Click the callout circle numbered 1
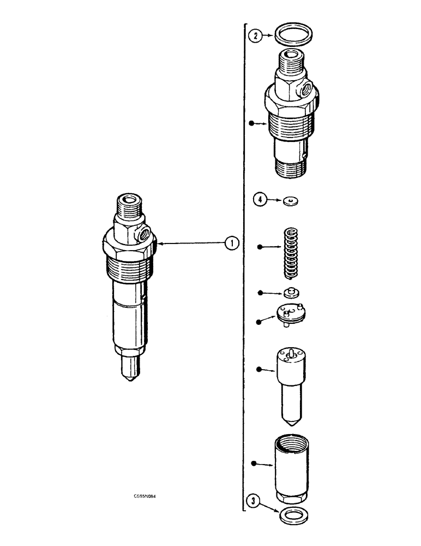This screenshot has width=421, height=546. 232,244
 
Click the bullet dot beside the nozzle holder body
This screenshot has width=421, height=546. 251,123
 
